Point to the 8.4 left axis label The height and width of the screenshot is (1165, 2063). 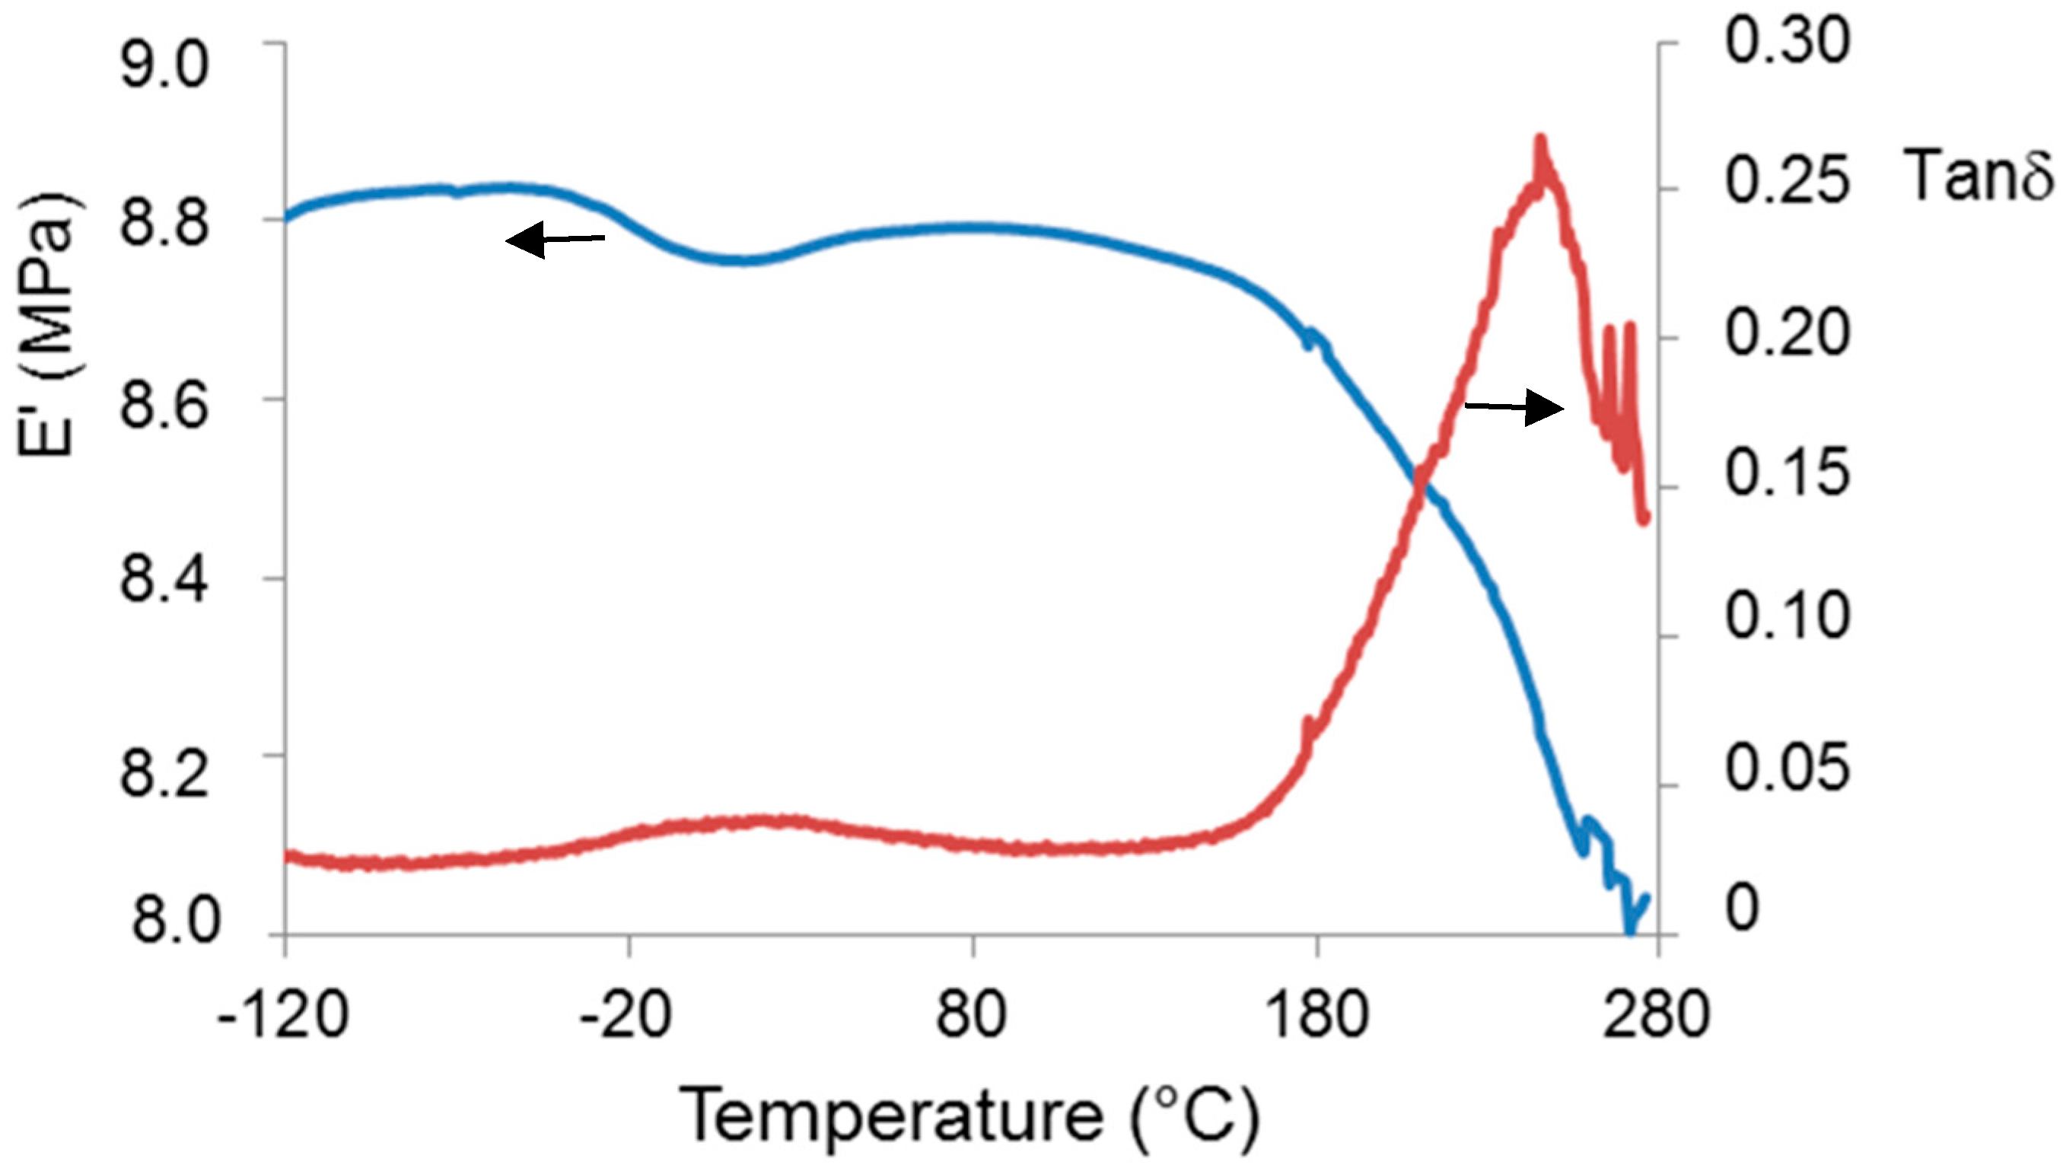coord(164,579)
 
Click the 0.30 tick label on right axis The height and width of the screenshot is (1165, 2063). coord(1787,42)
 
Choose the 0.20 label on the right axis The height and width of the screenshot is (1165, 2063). coord(1787,333)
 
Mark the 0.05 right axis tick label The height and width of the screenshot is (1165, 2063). coord(1787,767)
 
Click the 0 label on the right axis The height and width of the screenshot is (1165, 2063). coord(1743,908)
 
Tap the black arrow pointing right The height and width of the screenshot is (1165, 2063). coord(1514,407)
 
